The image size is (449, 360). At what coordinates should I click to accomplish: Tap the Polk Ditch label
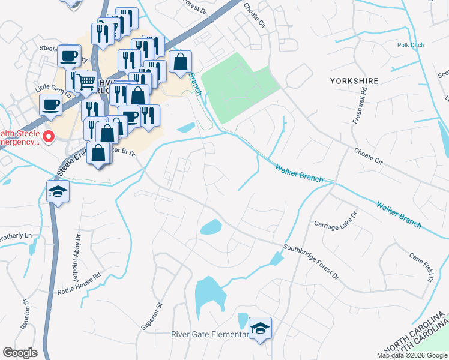[x=410, y=45]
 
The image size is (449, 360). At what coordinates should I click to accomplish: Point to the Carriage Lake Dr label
[x=336, y=220]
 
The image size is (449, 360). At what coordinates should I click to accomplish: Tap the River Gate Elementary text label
[x=209, y=334]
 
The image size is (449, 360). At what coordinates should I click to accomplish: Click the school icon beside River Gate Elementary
[x=260, y=328]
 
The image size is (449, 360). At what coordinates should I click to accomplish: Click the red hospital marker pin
[x=47, y=137]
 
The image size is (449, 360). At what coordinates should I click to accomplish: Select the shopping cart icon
[x=86, y=80]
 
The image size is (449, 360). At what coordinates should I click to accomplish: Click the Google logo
[x=20, y=353]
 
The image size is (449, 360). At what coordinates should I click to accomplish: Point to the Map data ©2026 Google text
[x=411, y=355]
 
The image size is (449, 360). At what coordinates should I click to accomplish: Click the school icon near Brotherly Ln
[x=58, y=191]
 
